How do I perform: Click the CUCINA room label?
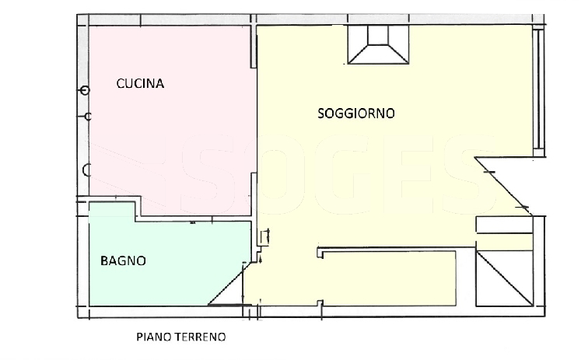point(140,83)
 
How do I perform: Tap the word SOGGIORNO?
point(356,113)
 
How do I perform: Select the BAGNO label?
point(123,260)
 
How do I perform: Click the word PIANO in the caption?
point(154,337)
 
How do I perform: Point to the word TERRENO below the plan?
point(201,337)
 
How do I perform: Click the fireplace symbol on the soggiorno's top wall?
point(378,44)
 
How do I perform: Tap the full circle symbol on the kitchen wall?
point(86,90)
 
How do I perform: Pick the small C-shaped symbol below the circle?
point(88,117)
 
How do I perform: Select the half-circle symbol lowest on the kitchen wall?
point(86,170)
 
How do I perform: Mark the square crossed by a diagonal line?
point(505,278)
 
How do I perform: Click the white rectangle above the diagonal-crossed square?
point(505,225)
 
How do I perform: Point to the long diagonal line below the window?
point(503,186)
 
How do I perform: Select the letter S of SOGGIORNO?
point(322,113)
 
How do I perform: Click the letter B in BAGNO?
point(104,260)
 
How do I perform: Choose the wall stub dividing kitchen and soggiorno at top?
point(254,47)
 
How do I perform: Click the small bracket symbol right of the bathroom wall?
point(265,237)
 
